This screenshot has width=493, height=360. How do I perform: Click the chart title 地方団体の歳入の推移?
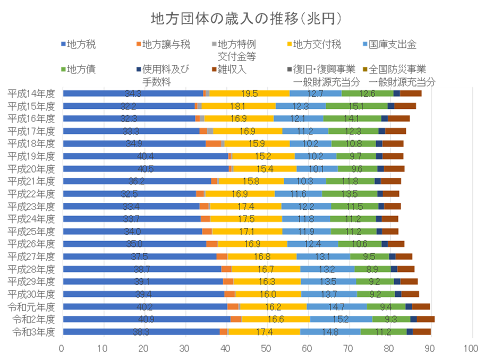246,19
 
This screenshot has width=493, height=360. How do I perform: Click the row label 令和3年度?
34,332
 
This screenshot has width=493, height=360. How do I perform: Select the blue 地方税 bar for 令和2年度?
146,319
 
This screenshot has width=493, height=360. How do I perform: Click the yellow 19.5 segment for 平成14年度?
249,93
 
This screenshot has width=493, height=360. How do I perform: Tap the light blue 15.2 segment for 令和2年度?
341,319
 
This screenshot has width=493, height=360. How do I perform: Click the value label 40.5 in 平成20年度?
145,169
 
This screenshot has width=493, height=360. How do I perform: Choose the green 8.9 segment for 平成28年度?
372,269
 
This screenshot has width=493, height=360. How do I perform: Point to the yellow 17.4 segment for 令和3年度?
264,332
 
